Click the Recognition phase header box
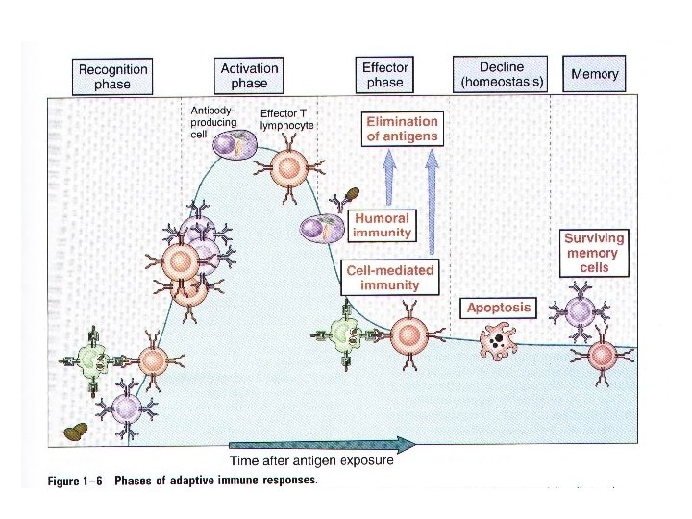coord(112,76)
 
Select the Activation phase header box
coord(249,75)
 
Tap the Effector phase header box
coord(384,75)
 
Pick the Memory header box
coord(595,74)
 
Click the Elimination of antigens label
coord(402,129)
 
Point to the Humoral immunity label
coord(383,225)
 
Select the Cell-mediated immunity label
coord(389,278)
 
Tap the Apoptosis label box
coord(499,308)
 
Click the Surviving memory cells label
coord(594,252)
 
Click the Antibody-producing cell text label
coord(212,123)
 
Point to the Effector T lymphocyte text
coord(287,119)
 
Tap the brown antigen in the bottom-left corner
coord(75,431)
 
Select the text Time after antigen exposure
coord(310,460)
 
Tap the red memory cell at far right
coord(602,355)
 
